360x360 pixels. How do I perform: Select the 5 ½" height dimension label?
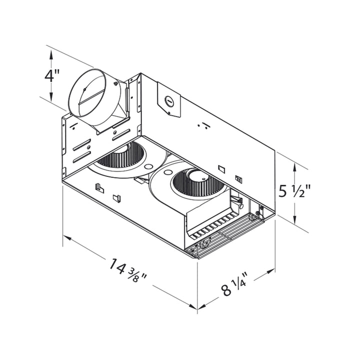click(295, 191)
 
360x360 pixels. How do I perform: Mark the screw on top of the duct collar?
click(85, 89)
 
